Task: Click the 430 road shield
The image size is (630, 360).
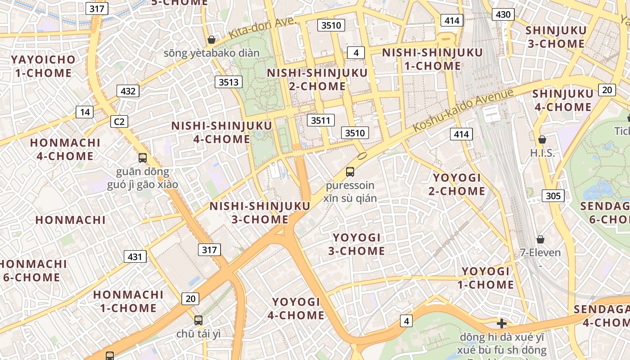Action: pyautogui.click(x=503, y=14)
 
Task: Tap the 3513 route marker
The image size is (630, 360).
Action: pyautogui.click(x=228, y=82)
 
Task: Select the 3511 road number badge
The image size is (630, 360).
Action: pyautogui.click(x=320, y=120)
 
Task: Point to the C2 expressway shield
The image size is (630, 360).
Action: pyautogui.click(x=119, y=121)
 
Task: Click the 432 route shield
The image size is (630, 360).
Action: pyautogui.click(x=128, y=91)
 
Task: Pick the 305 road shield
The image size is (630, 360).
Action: pyautogui.click(x=553, y=196)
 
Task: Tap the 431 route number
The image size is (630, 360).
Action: pyautogui.click(x=135, y=257)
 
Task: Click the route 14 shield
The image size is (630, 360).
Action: pyautogui.click(x=85, y=112)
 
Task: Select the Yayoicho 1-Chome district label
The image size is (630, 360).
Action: pyautogui.click(x=43, y=66)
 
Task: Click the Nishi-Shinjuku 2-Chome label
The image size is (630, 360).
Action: pyautogui.click(x=317, y=79)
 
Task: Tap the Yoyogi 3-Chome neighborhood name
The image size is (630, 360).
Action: pyautogui.click(x=356, y=244)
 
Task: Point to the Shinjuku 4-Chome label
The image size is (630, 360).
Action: pyautogui.click(x=562, y=100)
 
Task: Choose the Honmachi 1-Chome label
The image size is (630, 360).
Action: pyautogui.click(x=128, y=301)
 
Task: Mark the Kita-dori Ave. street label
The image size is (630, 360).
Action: pyautogui.click(x=262, y=28)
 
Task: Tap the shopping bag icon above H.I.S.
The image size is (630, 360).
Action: pyautogui.click(x=542, y=139)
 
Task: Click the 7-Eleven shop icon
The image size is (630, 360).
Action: pyautogui.click(x=540, y=239)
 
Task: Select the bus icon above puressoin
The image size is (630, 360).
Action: pyautogui.click(x=350, y=171)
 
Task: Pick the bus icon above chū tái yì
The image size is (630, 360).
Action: pyautogui.click(x=198, y=320)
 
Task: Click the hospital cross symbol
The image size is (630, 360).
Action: pyautogui.click(x=502, y=324)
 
